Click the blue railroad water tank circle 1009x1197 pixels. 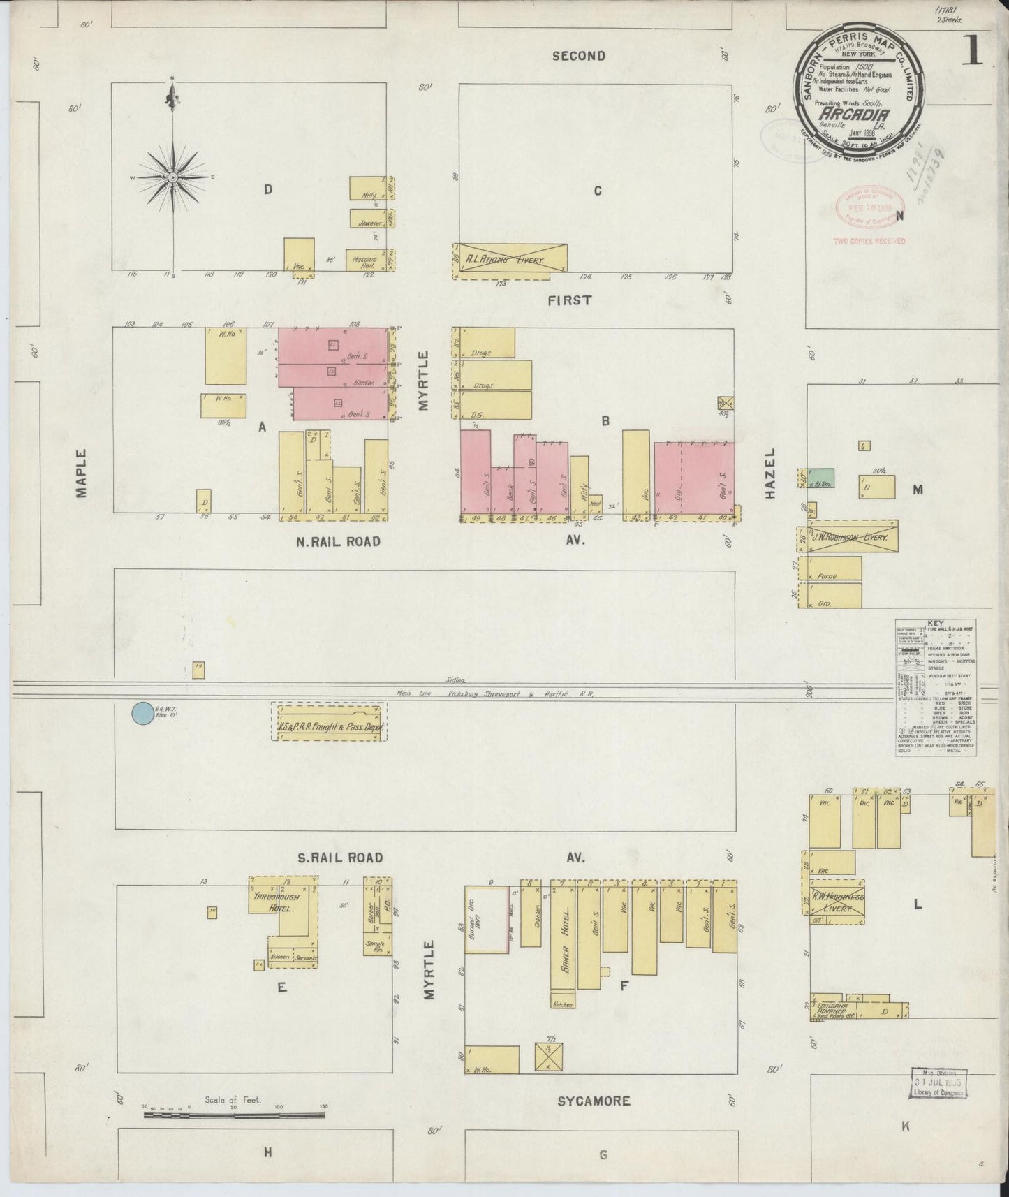coord(142,713)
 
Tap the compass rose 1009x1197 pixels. coord(172,177)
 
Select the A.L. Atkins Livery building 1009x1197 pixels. coord(510,258)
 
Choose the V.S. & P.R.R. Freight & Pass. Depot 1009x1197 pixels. coord(329,722)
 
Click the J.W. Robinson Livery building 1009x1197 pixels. coord(848,536)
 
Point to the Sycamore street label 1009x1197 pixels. coord(594,1101)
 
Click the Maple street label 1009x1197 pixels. coord(81,473)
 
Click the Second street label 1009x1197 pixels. coord(578,56)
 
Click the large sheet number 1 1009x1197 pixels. coord(973,47)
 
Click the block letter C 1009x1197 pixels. coord(597,191)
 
